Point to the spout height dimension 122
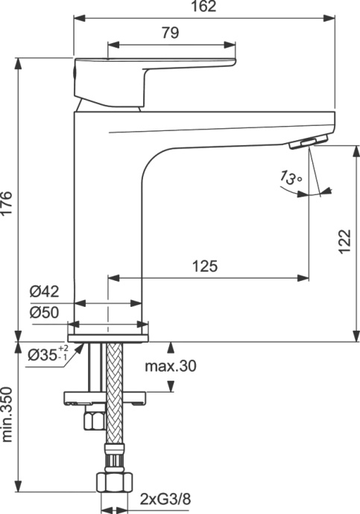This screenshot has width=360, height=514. click(x=344, y=241)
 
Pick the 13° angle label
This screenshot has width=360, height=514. click(x=290, y=178)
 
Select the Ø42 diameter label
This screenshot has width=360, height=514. click(x=44, y=292)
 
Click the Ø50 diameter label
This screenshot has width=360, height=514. click(x=44, y=313)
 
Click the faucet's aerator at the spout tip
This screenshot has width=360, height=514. click(x=313, y=142)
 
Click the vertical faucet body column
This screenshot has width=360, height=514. click(x=107, y=223)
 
